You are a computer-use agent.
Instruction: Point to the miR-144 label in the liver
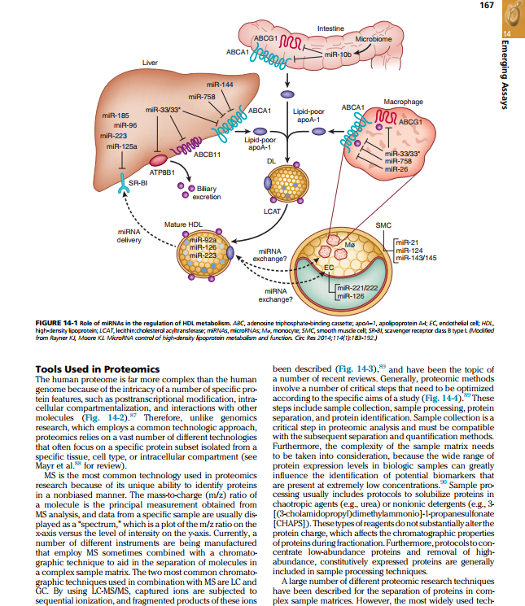221,84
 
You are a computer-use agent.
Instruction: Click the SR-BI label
138,184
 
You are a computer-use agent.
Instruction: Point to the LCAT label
273,211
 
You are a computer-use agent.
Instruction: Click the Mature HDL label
183,224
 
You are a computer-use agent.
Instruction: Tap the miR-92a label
204,240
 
